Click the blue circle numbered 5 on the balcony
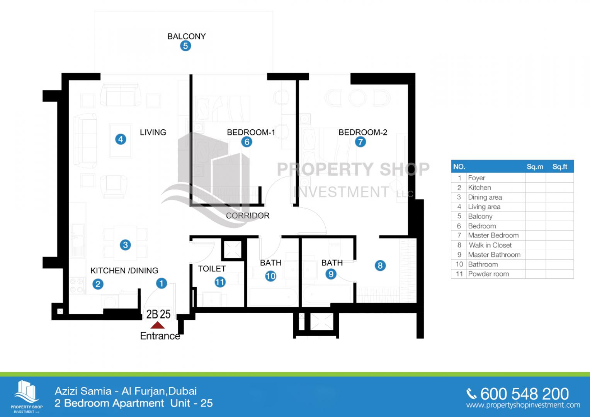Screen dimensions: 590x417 185,46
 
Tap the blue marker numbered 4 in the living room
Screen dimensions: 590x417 121,139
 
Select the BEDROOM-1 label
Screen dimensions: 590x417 251,132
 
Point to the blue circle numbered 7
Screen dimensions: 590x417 360,142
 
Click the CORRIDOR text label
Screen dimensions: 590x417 248,215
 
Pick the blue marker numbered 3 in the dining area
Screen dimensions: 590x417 125,245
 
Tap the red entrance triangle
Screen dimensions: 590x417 158,325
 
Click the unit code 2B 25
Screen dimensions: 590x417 158,314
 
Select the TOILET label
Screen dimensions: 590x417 212,268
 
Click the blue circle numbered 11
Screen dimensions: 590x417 220,282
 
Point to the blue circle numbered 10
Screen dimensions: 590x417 270,276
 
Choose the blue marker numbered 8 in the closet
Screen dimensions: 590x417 380,265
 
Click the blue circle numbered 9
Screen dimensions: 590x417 331,274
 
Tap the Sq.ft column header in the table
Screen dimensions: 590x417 560,167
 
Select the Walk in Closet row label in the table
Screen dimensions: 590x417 490,245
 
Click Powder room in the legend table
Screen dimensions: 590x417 488,274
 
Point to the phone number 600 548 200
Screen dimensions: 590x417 525,394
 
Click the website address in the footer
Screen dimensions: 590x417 523,405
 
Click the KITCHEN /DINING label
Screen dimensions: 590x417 124,270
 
